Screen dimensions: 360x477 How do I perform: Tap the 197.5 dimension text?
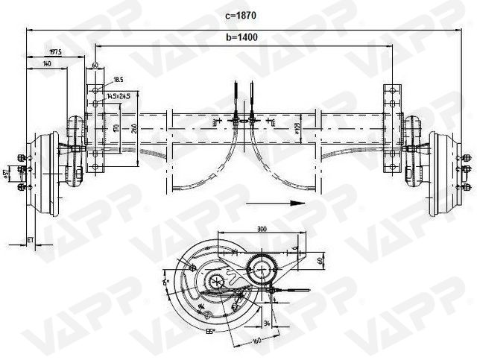55,52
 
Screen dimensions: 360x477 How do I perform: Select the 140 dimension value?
48,65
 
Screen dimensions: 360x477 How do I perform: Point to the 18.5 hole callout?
118,79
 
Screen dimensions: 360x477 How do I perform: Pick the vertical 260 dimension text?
133,127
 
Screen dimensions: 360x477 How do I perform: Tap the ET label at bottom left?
31,240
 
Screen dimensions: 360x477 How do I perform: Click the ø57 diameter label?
6,174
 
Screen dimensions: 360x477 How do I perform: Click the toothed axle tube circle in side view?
262,268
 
